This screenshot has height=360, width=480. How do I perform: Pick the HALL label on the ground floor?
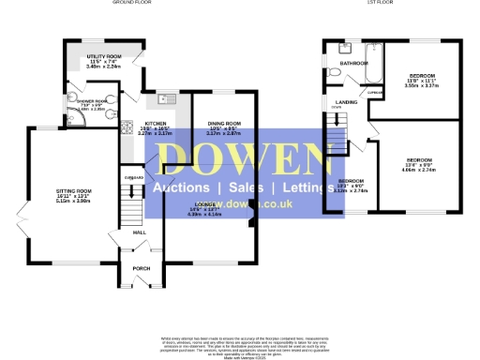[140, 232]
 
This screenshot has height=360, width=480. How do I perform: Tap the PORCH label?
[142, 268]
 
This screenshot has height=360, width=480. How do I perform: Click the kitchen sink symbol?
[167, 98]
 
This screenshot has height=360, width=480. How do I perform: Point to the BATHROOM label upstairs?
[354, 64]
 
